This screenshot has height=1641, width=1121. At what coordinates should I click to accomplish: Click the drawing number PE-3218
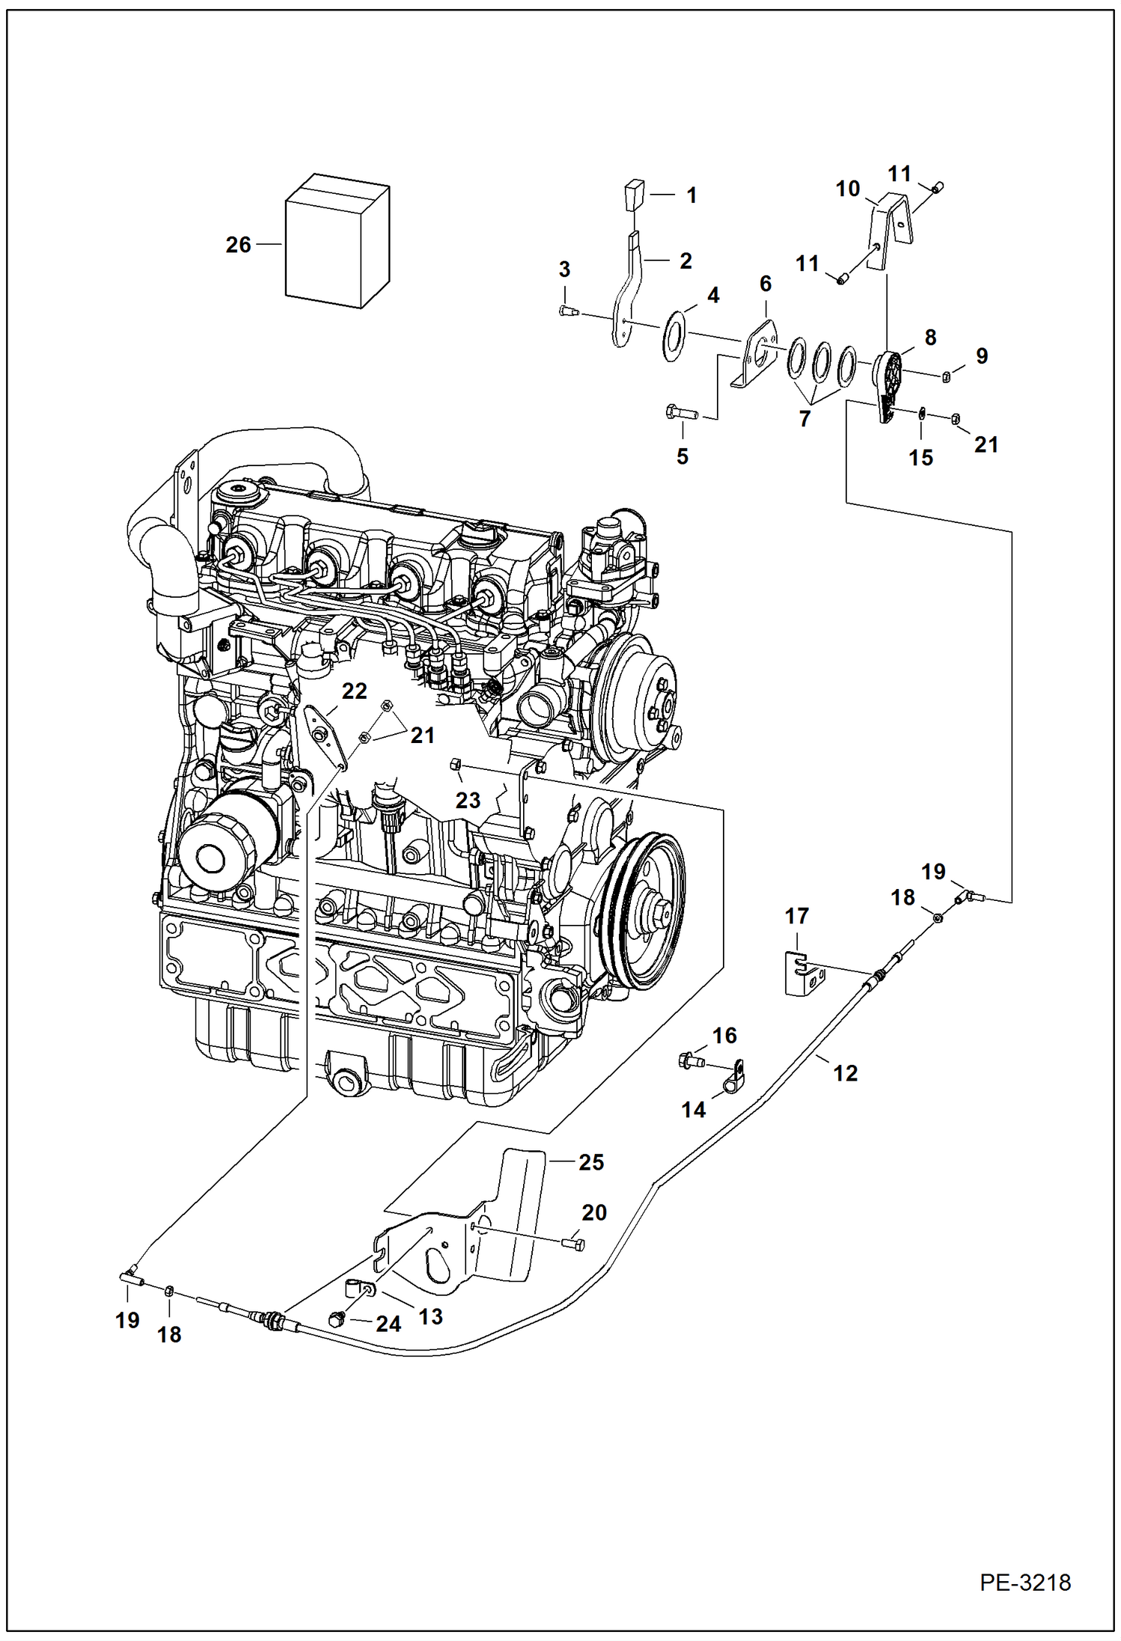pos(1024,1583)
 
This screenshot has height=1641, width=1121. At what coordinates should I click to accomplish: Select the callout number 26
pos(238,245)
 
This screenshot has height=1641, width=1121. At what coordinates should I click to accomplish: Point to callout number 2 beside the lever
pos(685,260)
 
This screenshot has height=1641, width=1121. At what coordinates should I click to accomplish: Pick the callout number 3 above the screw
pos(564,269)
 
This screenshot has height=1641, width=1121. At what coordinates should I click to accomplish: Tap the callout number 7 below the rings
pos(804,419)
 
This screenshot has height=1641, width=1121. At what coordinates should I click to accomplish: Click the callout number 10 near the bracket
pos(847,189)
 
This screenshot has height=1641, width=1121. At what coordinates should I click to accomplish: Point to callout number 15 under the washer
pos(920,457)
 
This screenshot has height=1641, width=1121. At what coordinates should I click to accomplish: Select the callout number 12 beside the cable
pos(845,1073)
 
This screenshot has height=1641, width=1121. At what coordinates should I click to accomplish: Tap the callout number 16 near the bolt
pos(724,1036)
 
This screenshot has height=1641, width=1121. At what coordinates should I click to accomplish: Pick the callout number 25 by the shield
pos(590,1162)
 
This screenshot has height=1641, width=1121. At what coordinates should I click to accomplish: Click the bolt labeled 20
pos(572,1243)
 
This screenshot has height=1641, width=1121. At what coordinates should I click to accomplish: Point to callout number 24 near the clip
pos(388,1324)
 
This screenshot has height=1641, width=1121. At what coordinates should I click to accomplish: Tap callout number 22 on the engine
pos(354,691)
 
